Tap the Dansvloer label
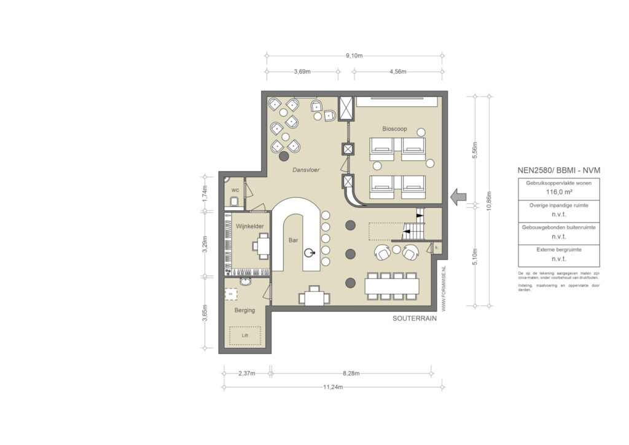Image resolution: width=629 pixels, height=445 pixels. (x=305, y=169)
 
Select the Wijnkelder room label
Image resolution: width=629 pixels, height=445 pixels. (x=250, y=226)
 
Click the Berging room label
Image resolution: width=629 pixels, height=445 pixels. (x=244, y=310)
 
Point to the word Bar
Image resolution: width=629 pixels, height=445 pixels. (x=293, y=240)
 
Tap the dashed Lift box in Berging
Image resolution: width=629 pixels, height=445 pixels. (x=245, y=336)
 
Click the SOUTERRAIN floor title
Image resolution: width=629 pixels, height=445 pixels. (x=414, y=319)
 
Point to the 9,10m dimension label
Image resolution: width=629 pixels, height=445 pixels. (x=354, y=55)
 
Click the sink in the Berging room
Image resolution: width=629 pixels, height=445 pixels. (x=246, y=283)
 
